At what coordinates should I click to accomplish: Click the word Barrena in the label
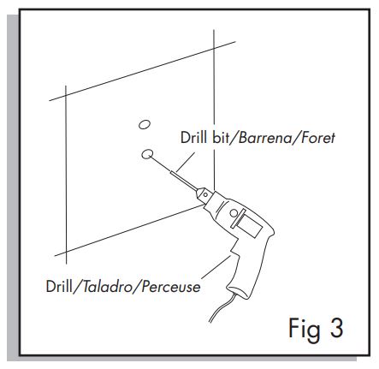pyautogui.click(x=265, y=138)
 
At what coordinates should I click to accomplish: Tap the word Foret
pyautogui.click(x=318, y=138)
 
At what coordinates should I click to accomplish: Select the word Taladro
pyautogui.click(x=108, y=287)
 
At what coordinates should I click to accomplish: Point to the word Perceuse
pyautogui.click(x=171, y=287)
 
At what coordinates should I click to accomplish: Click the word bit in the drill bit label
pyautogui.click(x=221, y=137)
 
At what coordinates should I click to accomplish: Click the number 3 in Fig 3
pyautogui.click(x=336, y=328)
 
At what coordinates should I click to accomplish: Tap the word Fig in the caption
pyautogui.click(x=305, y=330)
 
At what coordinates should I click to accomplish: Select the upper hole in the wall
pyautogui.click(x=145, y=124)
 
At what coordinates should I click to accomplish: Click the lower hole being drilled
pyautogui.click(x=147, y=154)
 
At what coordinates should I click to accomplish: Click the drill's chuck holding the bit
pyautogui.click(x=204, y=195)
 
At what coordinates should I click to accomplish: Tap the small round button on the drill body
pyautogui.click(x=234, y=213)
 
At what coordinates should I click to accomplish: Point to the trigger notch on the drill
pyautogui.click(x=234, y=250)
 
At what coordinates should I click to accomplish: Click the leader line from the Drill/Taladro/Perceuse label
pyautogui.click(x=216, y=267)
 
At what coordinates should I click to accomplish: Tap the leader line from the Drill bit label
pyautogui.click(x=186, y=162)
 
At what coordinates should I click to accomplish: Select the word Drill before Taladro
pyautogui.click(x=59, y=286)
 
